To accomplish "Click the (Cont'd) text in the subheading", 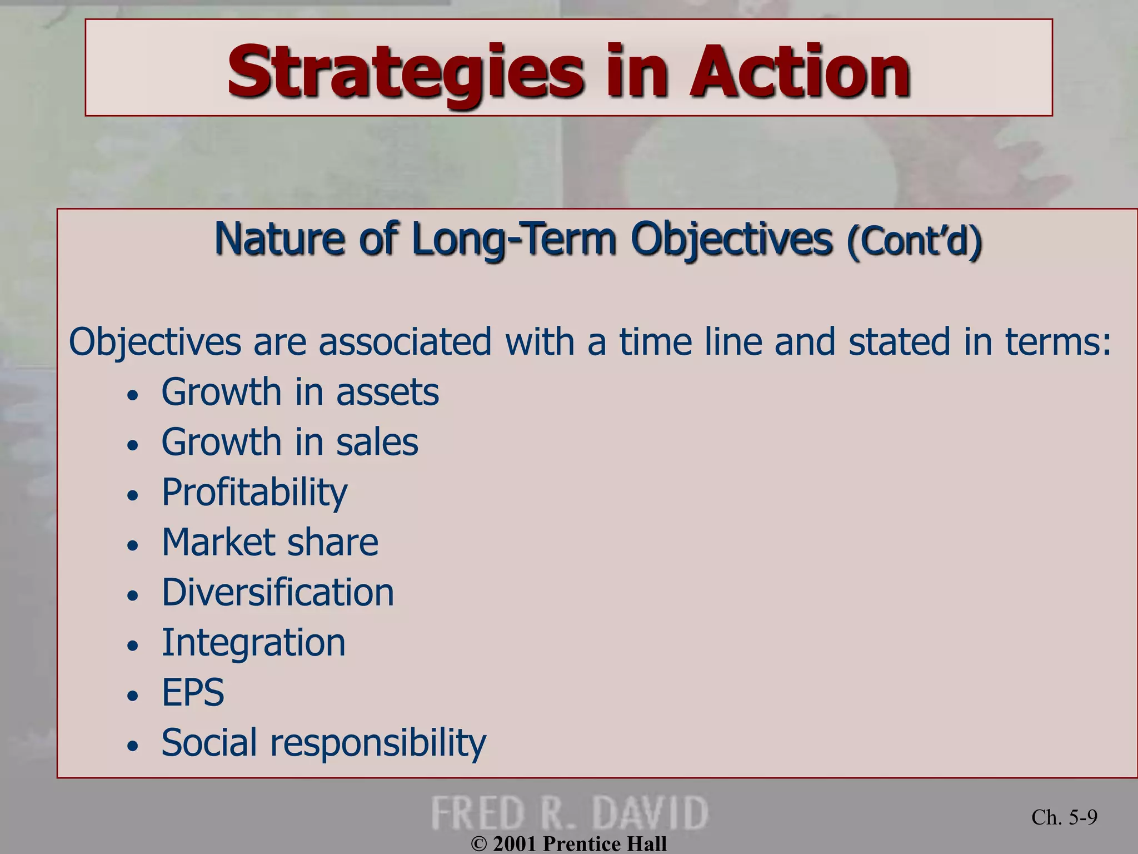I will click(x=914, y=240).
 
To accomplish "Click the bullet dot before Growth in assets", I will click(x=132, y=396).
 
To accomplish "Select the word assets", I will click(x=387, y=392).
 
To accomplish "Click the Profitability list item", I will click(x=254, y=493).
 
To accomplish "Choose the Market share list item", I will click(x=269, y=542).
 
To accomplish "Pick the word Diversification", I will click(x=277, y=592).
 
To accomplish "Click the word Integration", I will click(x=253, y=642).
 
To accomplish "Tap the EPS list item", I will click(x=192, y=692).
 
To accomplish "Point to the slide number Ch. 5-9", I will click(x=1064, y=817).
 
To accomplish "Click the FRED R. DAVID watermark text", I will click(x=570, y=813).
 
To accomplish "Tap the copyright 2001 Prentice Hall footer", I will click(x=568, y=844).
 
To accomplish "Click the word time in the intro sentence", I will click(x=656, y=341).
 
